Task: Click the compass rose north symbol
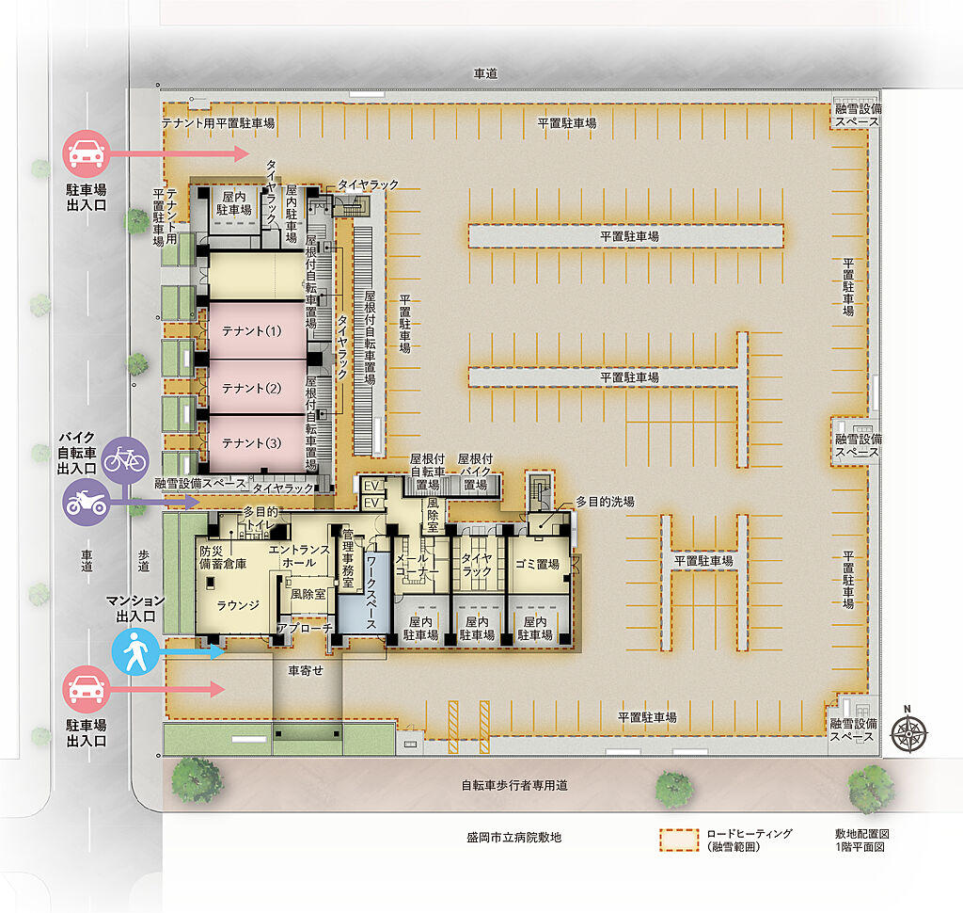coord(909,730)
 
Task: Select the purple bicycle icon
coord(125,459)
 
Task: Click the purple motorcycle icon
coord(86,501)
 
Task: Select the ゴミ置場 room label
coord(537,564)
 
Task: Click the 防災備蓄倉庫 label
coord(222,557)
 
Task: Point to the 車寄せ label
coord(305,671)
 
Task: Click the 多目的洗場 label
coord(605,503)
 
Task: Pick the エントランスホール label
coord(299,555)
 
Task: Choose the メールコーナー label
coord(418,564)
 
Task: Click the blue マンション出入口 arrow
coord(193,651)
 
